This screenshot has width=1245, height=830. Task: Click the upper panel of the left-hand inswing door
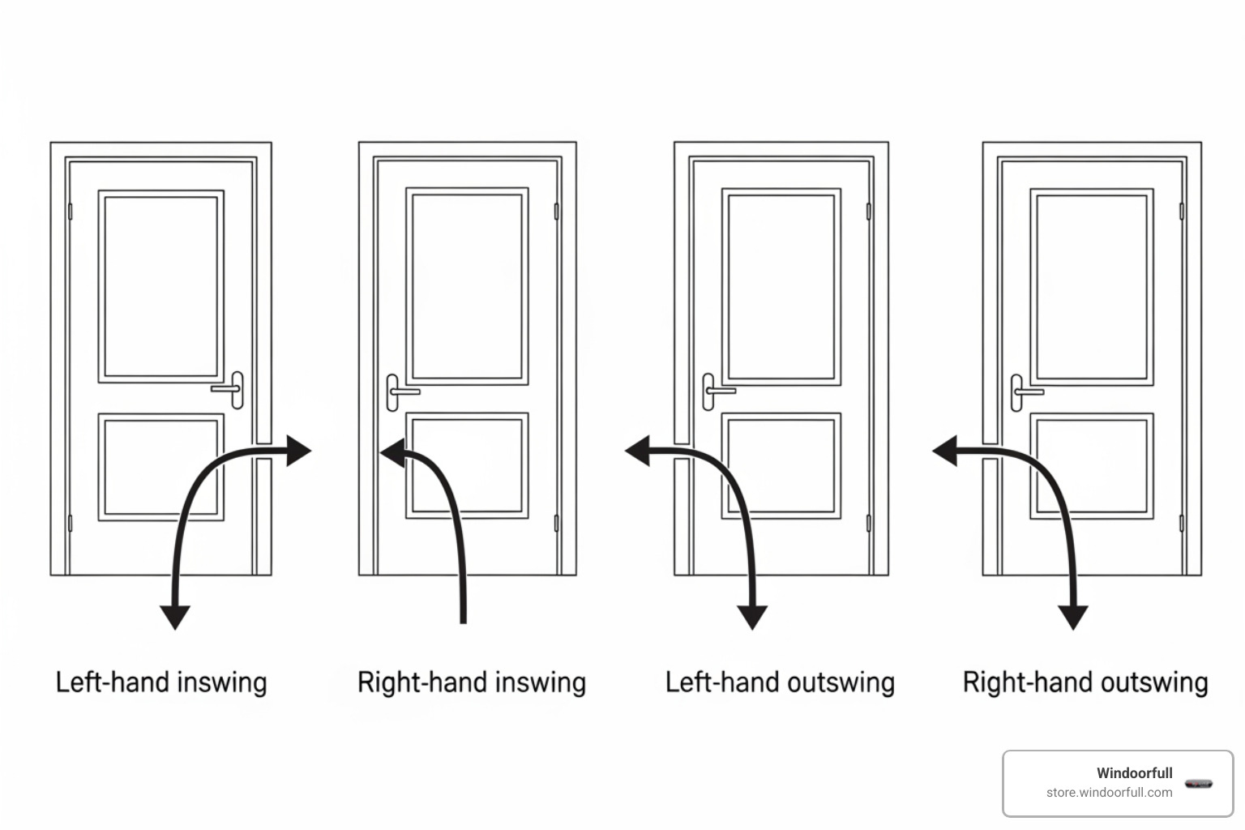(x=160, y=286)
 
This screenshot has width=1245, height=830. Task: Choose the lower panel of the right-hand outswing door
(x=1092, y=466)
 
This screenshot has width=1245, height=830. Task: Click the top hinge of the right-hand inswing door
(x=556, y=211)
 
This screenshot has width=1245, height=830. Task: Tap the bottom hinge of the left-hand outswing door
(x=868, y=523)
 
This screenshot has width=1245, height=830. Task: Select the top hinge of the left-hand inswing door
(x=70, y=211)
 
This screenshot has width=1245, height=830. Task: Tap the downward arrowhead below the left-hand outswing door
(x=752, y=617)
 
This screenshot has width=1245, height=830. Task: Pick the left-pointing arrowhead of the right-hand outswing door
(x=945, y=451)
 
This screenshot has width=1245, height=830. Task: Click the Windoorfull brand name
(x=1134, y=772)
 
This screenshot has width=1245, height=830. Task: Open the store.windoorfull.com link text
(x=1109, y=793)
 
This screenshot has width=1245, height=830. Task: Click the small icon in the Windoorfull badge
(x=1198, y=784)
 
